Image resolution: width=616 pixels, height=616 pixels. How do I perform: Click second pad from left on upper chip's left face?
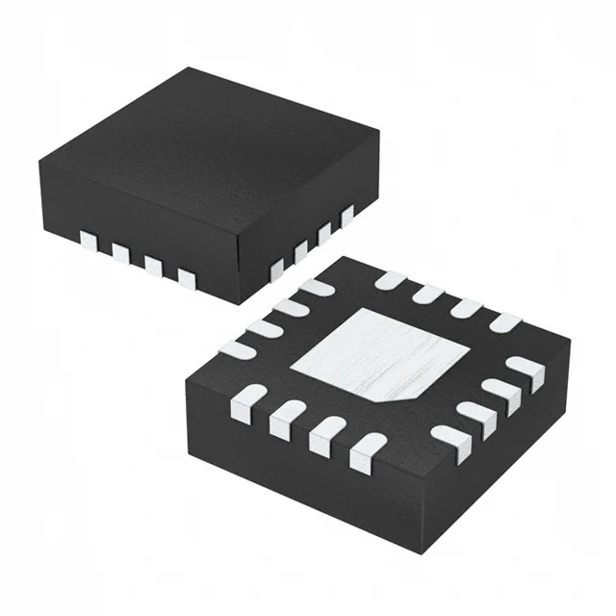click(x=120, y=253)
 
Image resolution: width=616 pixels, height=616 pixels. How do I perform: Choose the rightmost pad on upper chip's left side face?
click(x=186, y=280)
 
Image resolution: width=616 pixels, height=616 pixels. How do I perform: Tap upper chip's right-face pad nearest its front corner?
click(x=277, y=270)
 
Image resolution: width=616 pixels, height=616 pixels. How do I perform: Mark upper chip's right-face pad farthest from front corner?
click(x=346, y=216)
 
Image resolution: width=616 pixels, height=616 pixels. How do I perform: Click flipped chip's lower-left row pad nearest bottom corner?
click(x=367, y=451)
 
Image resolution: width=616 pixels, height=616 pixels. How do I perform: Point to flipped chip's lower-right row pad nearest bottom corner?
click(x=449, y=443)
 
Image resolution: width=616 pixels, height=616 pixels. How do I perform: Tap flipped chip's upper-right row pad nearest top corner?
click(x=389, y=280)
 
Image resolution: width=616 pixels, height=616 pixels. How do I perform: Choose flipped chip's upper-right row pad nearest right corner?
click(x=504, y=322)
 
